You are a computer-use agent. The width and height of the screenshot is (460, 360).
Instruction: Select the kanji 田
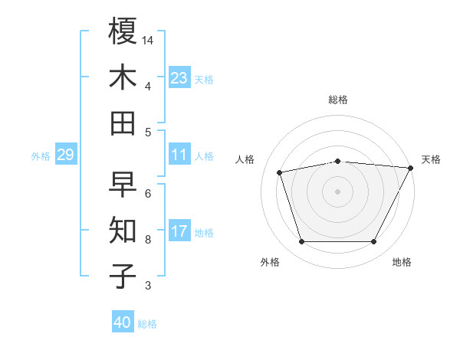[x=123, y=123]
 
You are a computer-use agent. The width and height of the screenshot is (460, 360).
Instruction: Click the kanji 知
[x=123, y=231]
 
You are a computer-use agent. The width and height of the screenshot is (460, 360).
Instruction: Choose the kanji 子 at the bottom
[x=123, y=277]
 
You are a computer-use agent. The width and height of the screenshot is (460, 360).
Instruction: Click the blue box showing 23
[x=179, y=78]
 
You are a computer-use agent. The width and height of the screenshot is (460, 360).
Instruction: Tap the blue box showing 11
[x=179, y=155]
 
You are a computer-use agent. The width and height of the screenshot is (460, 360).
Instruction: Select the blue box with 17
[x=179, y=231]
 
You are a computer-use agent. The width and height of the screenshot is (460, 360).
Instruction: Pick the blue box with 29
[x=65, y=155]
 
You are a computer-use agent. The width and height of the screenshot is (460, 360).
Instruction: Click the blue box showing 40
[x=123, y=322]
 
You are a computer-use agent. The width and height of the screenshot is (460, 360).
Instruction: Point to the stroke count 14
[x=149, y=40]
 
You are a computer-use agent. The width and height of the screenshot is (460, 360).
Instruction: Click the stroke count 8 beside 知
[x=148, y=240]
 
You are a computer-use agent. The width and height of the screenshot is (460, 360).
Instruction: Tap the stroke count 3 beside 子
[x=148, y=286]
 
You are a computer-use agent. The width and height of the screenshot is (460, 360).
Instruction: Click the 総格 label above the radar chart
[x=338, y=100]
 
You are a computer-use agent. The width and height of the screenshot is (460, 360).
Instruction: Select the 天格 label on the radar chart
[x=431, y=159]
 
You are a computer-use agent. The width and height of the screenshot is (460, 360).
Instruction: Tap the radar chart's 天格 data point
[x=411, y=168]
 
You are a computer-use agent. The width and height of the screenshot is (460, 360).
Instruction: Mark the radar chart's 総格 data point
[x=337, y=161]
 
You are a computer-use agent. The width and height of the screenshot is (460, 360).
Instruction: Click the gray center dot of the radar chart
[x=337, y=191]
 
